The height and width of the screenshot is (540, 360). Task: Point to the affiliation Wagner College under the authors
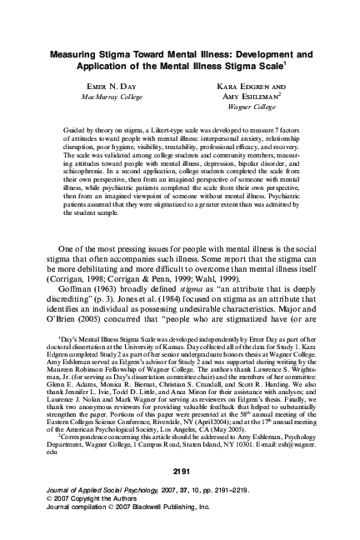click(252, 107)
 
